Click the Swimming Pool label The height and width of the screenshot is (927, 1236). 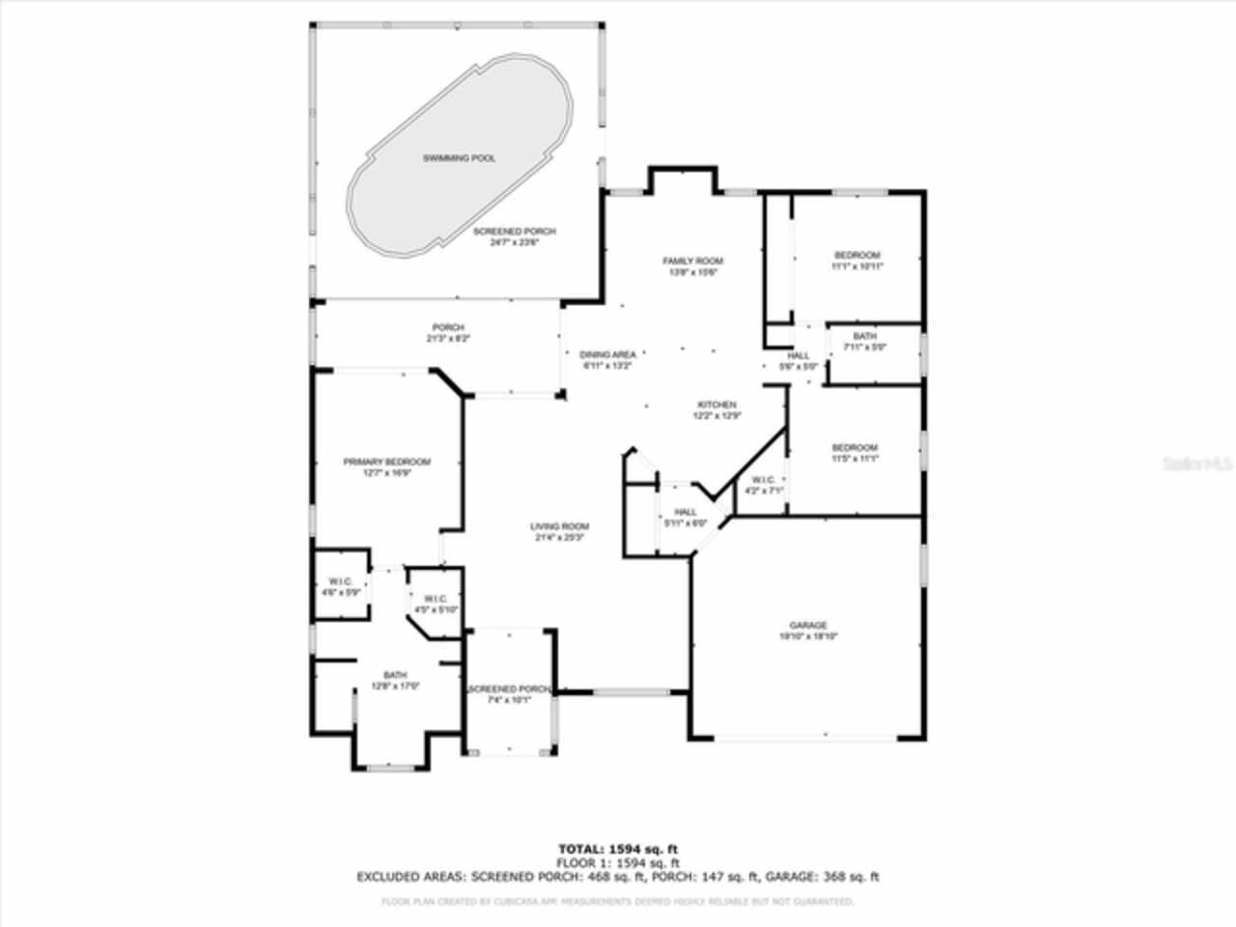[459, 157]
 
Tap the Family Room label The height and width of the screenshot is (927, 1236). [692, 261]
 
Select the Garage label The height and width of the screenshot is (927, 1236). [808, 626]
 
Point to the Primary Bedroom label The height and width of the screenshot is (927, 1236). [387, 462]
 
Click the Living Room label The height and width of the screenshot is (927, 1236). [559, 526]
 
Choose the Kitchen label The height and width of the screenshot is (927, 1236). [716, 405]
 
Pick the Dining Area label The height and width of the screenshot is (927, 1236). [606, 354]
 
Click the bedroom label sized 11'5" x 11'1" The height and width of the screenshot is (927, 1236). [855, 447]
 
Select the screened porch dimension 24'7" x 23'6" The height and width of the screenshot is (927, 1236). [514, 243]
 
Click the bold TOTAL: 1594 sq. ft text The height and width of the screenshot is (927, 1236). [618, 849]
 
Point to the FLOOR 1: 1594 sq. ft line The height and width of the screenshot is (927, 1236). [618, 862]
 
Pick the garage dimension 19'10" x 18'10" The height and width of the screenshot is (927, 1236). [808, 637]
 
